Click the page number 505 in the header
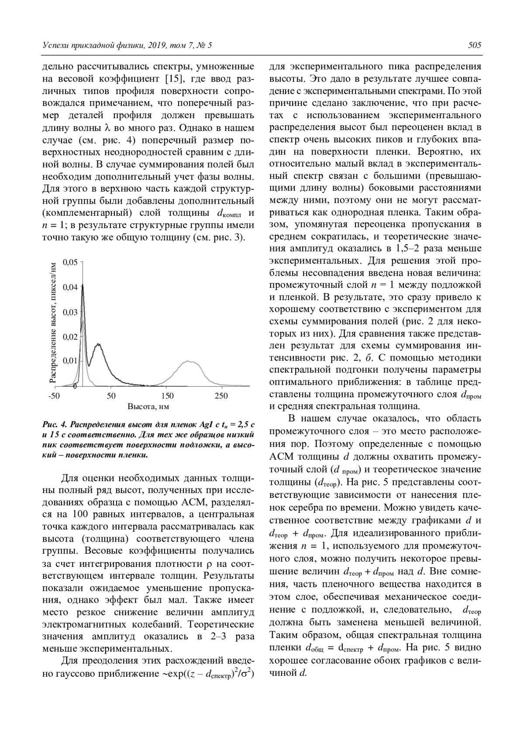pos(474,45)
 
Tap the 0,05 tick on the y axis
pos(70,262)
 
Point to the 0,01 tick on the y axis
pos(70,361)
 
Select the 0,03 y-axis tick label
pos(70,312)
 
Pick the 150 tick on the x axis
pos(167,396)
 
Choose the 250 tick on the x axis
pos(222,396)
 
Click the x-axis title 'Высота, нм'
pos(148,406)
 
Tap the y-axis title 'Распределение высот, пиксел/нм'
pos(53,323)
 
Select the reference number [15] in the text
pos(178,79)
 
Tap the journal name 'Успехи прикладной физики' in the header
pos(91,45)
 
